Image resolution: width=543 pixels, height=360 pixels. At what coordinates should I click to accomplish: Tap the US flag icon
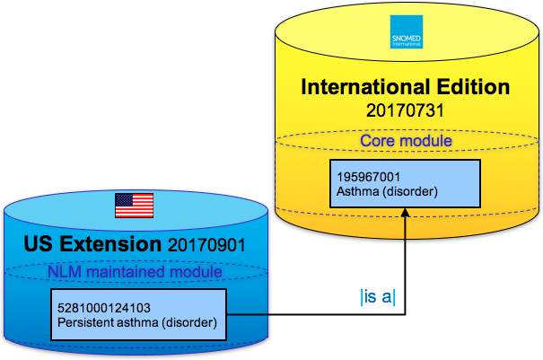(134, 205)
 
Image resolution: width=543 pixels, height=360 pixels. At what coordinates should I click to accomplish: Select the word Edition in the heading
(476, 87)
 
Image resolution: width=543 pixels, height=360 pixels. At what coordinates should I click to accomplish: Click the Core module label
(406, 141)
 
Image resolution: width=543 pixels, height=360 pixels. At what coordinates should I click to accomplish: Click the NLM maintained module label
(134, 271)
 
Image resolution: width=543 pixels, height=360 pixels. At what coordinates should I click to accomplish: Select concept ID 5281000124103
(101, 306)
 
